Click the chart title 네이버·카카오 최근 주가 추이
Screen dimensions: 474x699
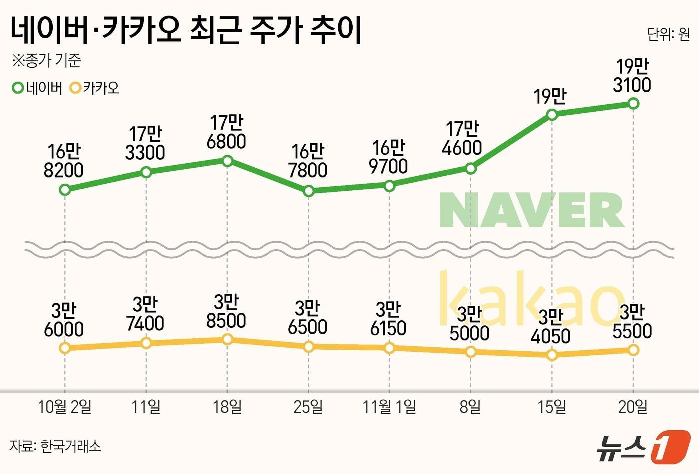click(x=186, y=30)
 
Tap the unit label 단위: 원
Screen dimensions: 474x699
click(x=668, y=34)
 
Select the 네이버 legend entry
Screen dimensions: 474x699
click(x=37, y=88)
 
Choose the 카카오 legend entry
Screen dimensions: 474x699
click(x=95, y=88)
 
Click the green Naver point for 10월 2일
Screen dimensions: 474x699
click(x=64, y=190)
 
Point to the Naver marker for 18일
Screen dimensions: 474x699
click(x=227, y=161)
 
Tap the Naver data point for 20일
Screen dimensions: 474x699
click(x=633, y=103)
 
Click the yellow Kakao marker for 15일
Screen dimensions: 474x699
click(x=552, y=355)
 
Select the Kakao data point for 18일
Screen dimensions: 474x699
click(x=227, y=339)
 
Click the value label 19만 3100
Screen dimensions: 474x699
click(x=632, y=76)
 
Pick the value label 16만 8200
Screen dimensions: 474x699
click(x=64, y=161)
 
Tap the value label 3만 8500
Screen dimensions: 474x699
click(x=226, y=311)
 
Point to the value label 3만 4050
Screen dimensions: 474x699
click(x=551, y=327)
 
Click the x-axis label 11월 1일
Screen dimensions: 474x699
click(x=389, y=407)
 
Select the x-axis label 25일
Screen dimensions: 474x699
click(x=308, y=407)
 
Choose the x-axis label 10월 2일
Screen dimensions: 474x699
click(x=65, y=407)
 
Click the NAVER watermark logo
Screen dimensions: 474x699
click(x=532, y=211)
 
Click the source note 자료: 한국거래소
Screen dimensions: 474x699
click(x=55, y=446)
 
